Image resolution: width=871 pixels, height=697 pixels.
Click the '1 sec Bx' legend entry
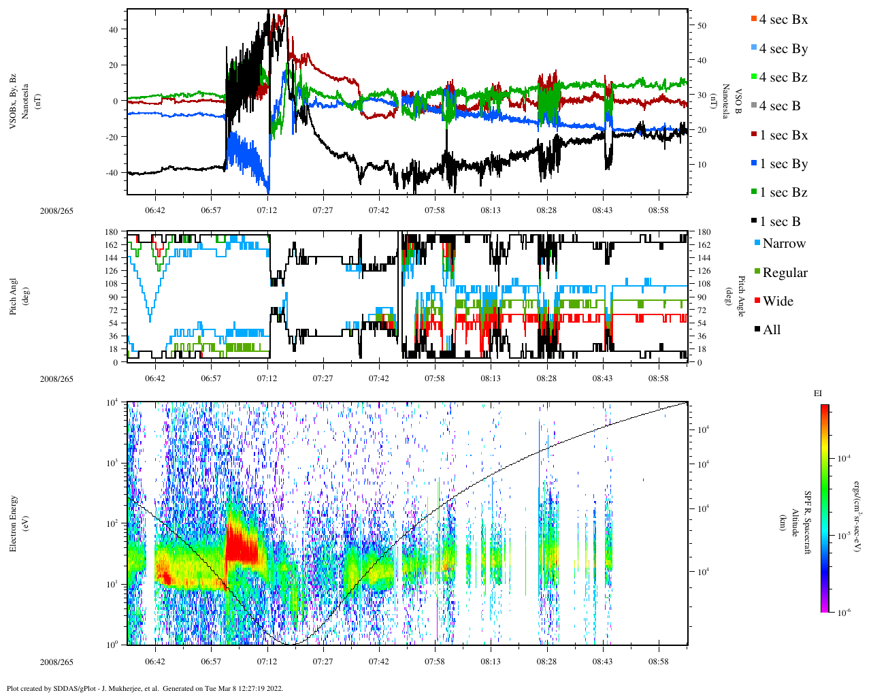click(783, 135)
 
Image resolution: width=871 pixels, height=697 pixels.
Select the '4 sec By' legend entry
click(783, 49)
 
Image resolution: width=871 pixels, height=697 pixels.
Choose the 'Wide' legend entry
click(778, 302)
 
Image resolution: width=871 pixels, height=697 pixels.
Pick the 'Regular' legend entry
click(785, 273)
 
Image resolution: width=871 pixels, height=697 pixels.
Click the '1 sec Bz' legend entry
click(783, 193)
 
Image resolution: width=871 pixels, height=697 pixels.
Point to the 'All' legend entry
click(772, 330)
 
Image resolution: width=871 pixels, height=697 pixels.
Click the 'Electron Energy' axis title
click(14, 523)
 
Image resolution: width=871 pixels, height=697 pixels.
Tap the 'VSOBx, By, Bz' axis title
click(14, 102)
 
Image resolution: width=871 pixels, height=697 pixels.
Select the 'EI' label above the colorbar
click(818, 393)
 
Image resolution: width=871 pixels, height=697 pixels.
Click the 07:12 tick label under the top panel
click(267, 210)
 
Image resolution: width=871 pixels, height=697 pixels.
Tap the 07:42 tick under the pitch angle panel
click(379, 378)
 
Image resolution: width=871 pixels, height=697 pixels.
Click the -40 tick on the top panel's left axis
click(110, 172)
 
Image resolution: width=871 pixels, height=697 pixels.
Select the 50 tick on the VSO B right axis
click(702, 26)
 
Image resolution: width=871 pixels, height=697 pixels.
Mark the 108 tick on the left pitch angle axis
click(110, 284)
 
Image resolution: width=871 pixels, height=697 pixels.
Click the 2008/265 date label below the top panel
click(56, 211)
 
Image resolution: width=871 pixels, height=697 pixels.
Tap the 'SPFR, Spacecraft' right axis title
click(808, 523)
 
